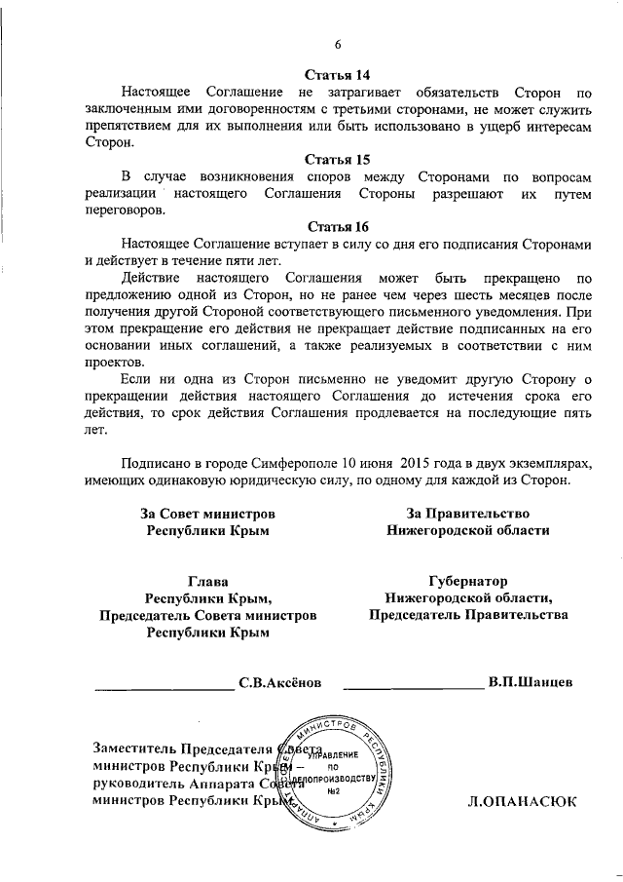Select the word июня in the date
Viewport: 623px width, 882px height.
[385, 463]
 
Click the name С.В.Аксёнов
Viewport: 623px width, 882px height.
[279, 681]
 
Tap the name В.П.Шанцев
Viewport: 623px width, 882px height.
[531, 681]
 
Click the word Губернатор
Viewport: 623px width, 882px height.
[466, 581]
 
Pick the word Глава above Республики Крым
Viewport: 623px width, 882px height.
[206, 581]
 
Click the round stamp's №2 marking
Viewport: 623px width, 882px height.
[332, 789]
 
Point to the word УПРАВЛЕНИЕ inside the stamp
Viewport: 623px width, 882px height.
[333, 755]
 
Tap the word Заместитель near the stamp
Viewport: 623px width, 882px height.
[136, 748]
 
